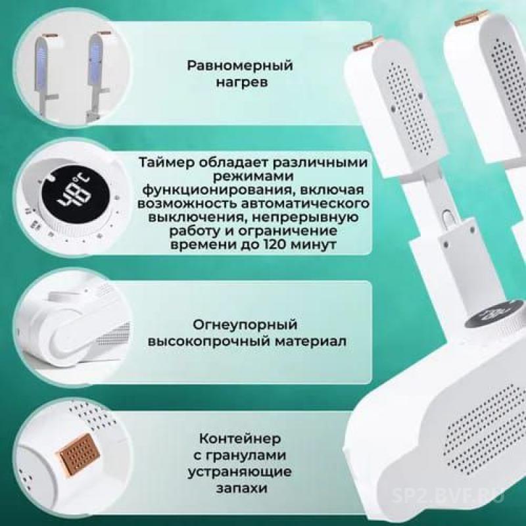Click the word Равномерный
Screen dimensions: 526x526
pos(240,66)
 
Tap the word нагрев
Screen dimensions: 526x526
pos(241,83)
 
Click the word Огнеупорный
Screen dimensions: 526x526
pos(245,325)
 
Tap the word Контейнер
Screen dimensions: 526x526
pos(239,439)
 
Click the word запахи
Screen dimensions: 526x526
pos(241,488)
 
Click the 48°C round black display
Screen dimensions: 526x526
pos(76,195)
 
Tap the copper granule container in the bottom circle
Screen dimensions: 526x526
pos(80,454)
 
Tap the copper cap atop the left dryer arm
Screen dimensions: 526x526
pos(367,43)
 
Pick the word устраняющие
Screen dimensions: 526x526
pos(239,471)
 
